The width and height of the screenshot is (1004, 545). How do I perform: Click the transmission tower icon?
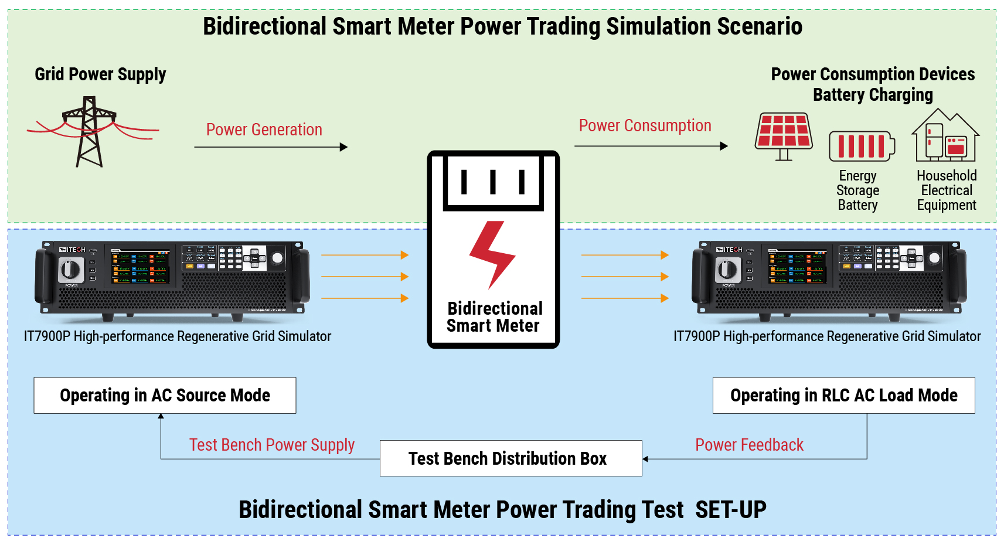[89, 132]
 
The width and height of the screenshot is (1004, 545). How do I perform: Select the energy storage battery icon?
[862, 146]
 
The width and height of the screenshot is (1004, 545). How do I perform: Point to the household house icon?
[945, 136]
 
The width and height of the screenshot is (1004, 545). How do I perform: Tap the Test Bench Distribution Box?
[510, 458]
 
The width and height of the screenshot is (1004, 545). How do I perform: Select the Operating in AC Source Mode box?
[165, 396]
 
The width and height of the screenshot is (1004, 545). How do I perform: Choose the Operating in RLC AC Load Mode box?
[843, 396]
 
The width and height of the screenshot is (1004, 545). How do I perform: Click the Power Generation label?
[264, 130]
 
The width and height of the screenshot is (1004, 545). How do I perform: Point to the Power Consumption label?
[645, 125]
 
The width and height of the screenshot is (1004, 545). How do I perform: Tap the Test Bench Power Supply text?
[271, 445]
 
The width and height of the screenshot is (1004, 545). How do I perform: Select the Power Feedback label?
[749, 445]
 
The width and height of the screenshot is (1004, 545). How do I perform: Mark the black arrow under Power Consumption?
[651, 146]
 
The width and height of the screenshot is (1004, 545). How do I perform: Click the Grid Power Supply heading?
[100, 74]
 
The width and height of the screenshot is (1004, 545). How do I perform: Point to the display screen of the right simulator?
[797, 267]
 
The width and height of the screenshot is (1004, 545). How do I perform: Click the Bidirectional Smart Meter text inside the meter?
[494, 317]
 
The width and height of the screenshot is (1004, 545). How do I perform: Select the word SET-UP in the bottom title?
[730, 510]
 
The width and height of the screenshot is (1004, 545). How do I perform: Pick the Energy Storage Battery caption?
[857, 190]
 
